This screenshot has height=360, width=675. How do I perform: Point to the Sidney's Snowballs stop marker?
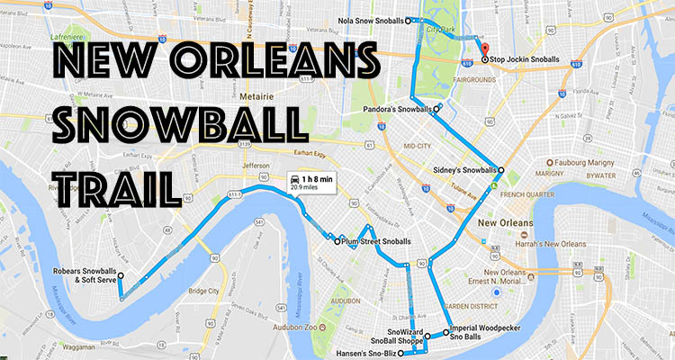500,170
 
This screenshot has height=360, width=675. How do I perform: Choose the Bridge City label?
202,292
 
